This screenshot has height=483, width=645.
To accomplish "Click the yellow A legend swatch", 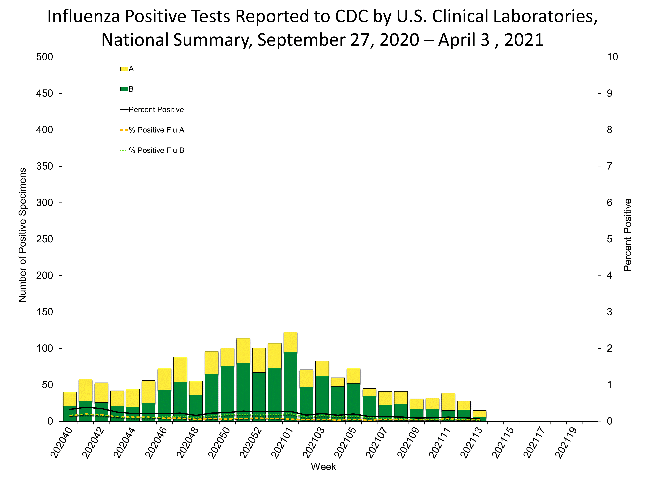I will point(124,69).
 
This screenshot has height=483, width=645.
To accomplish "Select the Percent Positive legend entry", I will point(156,110).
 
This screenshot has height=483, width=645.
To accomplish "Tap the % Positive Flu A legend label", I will point(157,130).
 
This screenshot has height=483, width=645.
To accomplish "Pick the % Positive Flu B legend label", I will point(157,151).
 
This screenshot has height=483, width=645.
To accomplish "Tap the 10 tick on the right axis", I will point(612,57).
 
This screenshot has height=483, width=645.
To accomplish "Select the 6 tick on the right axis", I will point(609,203).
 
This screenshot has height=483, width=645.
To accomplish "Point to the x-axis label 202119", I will point(566,442).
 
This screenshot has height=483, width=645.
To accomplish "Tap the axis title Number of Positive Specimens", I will point(23,235).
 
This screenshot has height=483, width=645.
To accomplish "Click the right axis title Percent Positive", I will point(628,235).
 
